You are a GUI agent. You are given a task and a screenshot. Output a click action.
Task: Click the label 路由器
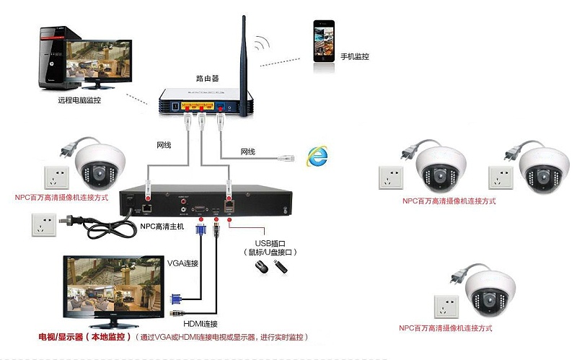pyautogui.click(x=207, y=77)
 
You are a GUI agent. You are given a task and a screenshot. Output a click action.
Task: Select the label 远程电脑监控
pyautogui.click(x=79, y=100)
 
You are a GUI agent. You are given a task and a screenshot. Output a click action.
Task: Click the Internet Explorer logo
pyautogui.click(x=315, y=155)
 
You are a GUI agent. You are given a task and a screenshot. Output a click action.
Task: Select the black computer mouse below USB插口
pyautogui.click(x=260, y=268)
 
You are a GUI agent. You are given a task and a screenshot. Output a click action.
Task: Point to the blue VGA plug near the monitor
pyautogui.click(x=176, y=298)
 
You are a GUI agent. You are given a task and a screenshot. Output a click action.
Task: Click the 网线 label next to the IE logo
pyautogui.click(x=248, y=152)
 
